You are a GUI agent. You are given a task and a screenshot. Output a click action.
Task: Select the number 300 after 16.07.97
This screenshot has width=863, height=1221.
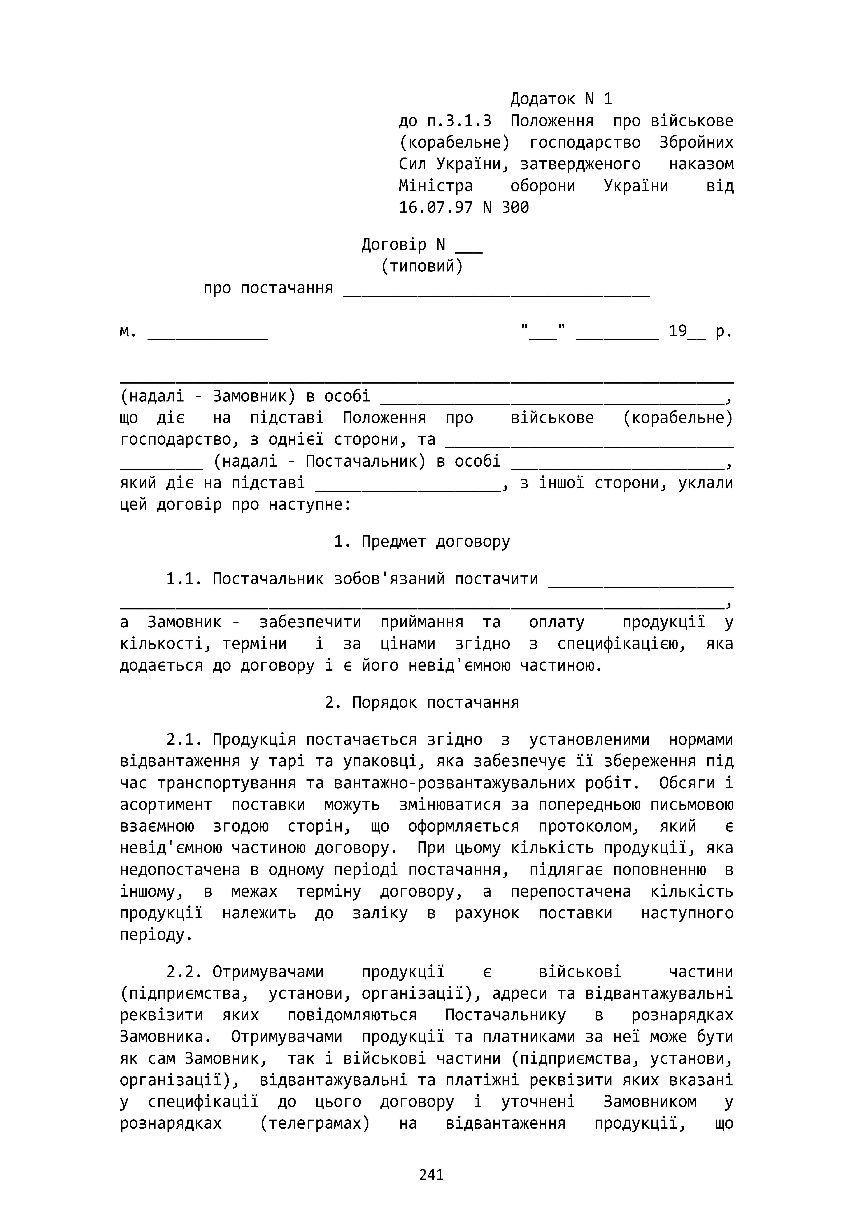pyautogui.click(x=515, y=207)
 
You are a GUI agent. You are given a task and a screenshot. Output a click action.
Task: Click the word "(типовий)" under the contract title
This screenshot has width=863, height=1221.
pyautogui.click(x=422, y=266)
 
